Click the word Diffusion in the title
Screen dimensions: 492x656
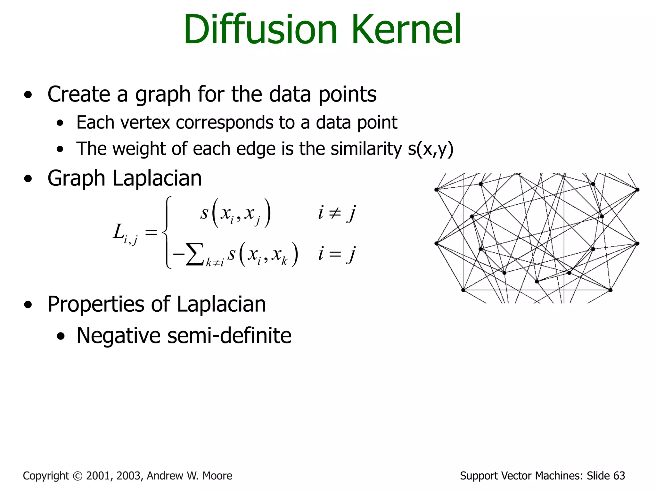point(260,29)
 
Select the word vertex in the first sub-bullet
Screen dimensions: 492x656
point(145,122)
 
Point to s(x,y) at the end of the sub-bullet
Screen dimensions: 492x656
point(430,149)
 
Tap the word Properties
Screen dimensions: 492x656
point(96,304)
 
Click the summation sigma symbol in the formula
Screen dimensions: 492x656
point(194,254)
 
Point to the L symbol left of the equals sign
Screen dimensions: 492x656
point(119,231)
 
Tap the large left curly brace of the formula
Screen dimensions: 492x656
point(167,232)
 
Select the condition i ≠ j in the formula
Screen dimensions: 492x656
point(336,213)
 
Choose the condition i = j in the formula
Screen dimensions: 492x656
point(336,254)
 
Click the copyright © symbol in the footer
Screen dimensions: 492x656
point(78,476)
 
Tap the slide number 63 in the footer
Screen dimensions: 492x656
point(619,476)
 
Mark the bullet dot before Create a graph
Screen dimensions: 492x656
point(28,95)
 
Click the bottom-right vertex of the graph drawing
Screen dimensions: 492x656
point(611,290)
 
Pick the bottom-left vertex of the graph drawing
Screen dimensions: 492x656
point(463,290)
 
